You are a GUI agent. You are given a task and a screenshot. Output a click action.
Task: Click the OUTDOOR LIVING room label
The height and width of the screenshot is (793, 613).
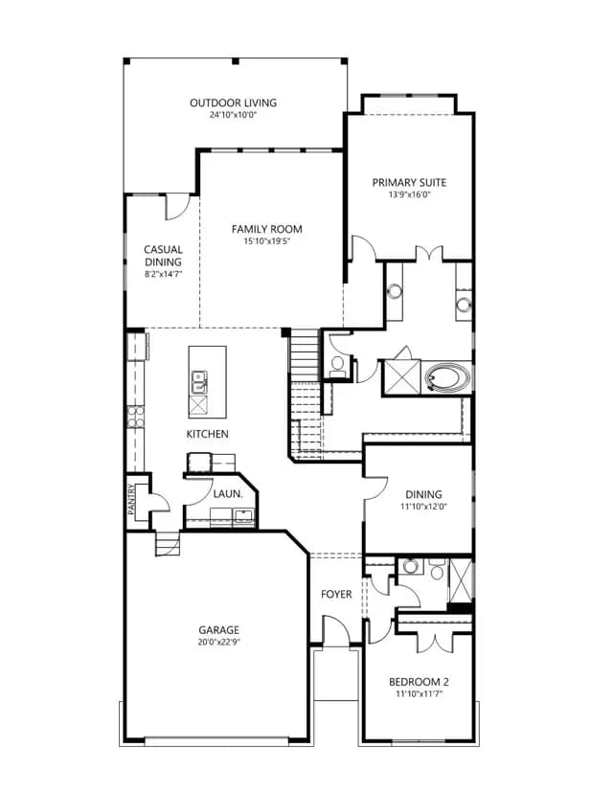pyautogui.click(x=233, y=102)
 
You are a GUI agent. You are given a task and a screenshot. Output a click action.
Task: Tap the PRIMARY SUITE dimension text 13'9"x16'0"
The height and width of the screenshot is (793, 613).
pyautogui.click(x=409, y=194)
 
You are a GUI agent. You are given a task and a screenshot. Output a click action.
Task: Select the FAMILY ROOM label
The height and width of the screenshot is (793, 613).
pyautogui.click(x=267, y=229)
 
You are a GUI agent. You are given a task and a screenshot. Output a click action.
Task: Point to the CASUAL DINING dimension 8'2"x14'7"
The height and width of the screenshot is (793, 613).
pyautogui.click(x=163, y=274)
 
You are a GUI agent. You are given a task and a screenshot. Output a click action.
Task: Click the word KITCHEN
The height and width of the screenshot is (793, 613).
pyautogui.click(x=208, y=434)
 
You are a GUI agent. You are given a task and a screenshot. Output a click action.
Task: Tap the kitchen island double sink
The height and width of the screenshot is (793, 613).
pyautogui.click(x=199, y=382)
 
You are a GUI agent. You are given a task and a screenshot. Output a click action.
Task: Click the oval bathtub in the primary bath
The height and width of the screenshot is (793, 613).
pyautogui.click(x=447, y=377)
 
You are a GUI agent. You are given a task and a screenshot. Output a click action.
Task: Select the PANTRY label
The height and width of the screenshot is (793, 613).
pyautogui.click(x=131, y=499)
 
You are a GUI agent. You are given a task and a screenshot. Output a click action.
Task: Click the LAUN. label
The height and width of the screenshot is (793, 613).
pyautogui.click(x=228, y=494)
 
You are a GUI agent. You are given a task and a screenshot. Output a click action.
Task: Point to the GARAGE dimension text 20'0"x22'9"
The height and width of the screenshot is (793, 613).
pyautogui.click(x=218, y=643)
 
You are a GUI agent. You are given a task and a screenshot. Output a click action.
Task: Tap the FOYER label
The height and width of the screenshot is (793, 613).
pyautogui.click(x=336, y=594)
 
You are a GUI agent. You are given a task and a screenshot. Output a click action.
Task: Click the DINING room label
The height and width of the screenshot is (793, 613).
pyautogui.click(x=424, y=494)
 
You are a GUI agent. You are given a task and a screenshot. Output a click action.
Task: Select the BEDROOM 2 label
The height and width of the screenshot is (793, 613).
pyautogui.click(x=419, y=682)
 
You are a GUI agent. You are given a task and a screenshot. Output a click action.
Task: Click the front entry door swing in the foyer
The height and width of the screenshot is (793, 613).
pyautogui.click(x=336, y=629)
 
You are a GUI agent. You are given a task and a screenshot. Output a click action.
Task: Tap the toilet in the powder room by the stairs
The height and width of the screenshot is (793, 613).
pyautogui.click(x=337, y=366)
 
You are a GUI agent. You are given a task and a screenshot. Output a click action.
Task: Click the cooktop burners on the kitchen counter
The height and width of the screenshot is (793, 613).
pyautogui.click(x=135, y=417)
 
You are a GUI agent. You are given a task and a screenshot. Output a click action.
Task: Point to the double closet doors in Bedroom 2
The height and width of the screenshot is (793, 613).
pyautogui.click(x=434, y=642)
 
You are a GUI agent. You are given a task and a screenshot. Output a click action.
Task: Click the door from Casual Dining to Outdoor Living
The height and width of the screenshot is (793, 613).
pyautogui.click(x=177, y=207)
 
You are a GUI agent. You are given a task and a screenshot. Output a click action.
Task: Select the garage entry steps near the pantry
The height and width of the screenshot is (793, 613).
pyautogui.click(x=168, y=543)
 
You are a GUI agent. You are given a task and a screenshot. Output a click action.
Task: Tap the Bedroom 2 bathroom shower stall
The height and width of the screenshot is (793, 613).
pyautogui.click(x=461, y=580)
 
